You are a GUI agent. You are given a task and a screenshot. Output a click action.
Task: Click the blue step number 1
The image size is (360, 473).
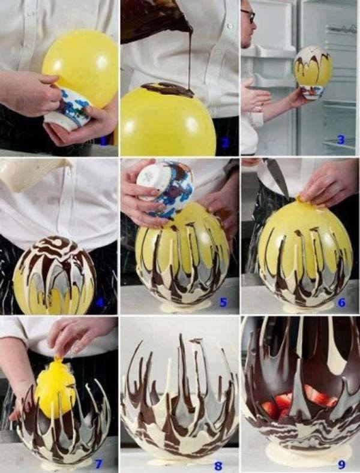104,141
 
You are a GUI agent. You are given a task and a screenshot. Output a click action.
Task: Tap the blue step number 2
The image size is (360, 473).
225,142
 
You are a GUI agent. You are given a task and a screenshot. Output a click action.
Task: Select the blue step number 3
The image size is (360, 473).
341,141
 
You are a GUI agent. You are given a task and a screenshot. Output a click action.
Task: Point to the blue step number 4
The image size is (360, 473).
100,302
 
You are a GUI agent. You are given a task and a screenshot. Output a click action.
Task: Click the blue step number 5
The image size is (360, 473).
223,302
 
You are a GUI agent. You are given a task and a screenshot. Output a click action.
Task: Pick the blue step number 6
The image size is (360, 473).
341,302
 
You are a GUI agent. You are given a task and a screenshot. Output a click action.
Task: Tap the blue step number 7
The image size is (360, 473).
99,462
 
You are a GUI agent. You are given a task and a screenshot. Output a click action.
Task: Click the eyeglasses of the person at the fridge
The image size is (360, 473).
249,15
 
